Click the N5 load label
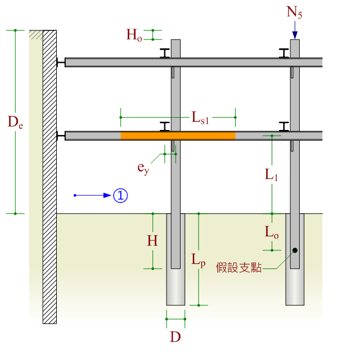coord(294,12)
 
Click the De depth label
coord(15,122)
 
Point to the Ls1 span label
coord(200,118)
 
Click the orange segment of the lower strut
coord(178,136)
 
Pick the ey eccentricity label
coord(143,167)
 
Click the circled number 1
coord(121,195)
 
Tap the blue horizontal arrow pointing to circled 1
coord(93,195)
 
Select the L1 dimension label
coord(272,174)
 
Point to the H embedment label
coord(152,241)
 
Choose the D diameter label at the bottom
coord(175,337)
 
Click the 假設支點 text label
coord(239,268)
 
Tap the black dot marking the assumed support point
coord(295,250)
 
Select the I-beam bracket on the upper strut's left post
coord(165,53)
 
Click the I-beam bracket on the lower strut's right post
coord(285,127)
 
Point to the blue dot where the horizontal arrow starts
coord(75,195)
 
